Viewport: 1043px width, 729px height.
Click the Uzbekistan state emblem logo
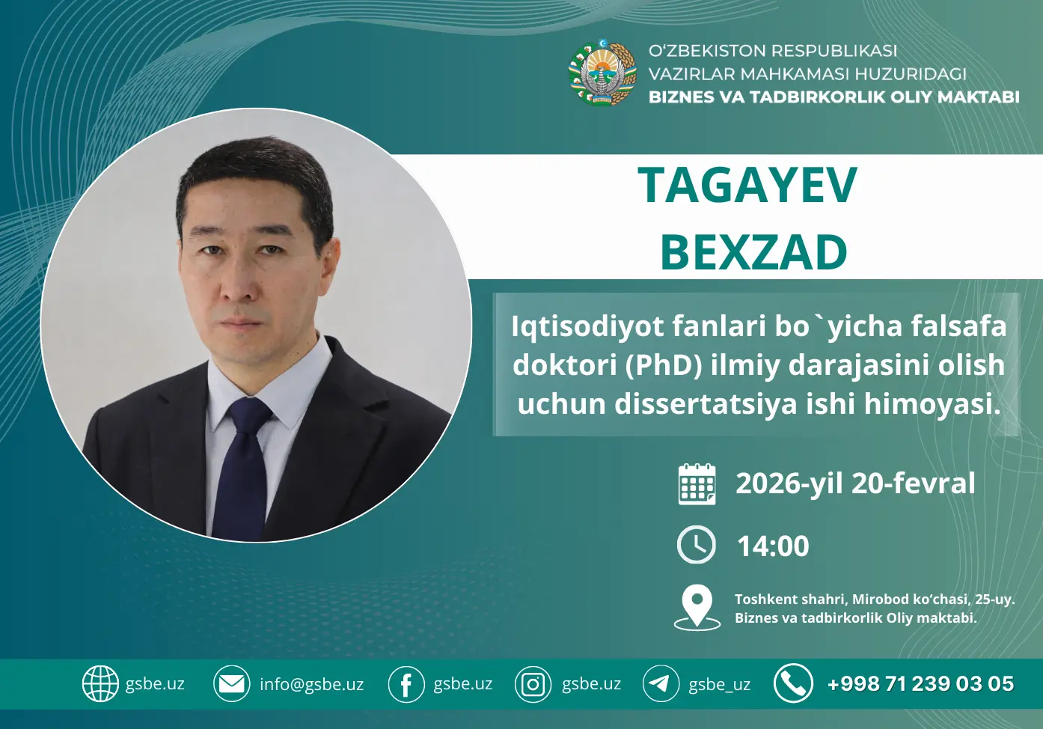[x=602, y=73]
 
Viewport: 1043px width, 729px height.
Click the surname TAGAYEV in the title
[x=747, y=185]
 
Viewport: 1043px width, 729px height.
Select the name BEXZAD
[x=753, y=252]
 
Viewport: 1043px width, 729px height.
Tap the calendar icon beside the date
[x=697, y=484]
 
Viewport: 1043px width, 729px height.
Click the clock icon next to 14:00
[x=697, y=545]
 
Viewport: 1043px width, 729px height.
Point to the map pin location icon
[x=697, y=606]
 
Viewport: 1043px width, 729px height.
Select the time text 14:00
[x=773, y=546]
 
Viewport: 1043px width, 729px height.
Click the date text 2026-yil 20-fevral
[x=855, y=484]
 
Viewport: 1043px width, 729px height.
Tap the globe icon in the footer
[x=100, y=683]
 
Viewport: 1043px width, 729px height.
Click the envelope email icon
[x=231, y=683]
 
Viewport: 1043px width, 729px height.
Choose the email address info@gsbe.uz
[x=311, y=684]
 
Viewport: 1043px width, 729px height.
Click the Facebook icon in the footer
[x=406, y=684]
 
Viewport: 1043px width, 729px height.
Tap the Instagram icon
[x=533, y=684]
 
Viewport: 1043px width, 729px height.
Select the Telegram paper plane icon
[x=661, y=683]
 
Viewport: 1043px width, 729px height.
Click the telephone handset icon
[x=792, y=683]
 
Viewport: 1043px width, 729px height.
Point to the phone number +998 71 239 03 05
[x=920, y=683]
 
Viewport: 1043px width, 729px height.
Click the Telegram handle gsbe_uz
[x=719, y=684]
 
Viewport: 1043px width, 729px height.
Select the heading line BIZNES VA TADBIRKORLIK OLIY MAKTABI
[x=834, y=97]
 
